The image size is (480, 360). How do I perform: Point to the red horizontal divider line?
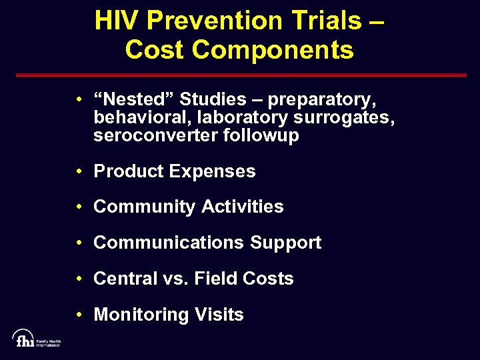pyautogui.click(x=240, y=75)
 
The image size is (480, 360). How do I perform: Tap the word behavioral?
pyautogui.click(x=138, y=118)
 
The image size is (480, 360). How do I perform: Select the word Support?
pyautogui.click(x=285, y=243)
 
